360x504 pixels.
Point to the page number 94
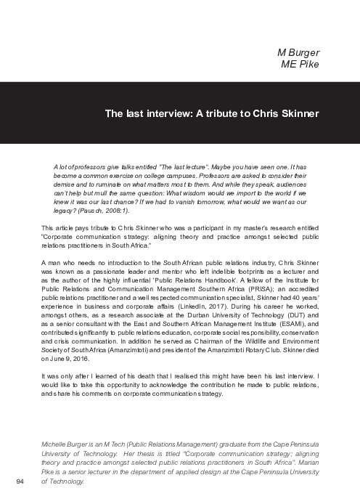[20, 481]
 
